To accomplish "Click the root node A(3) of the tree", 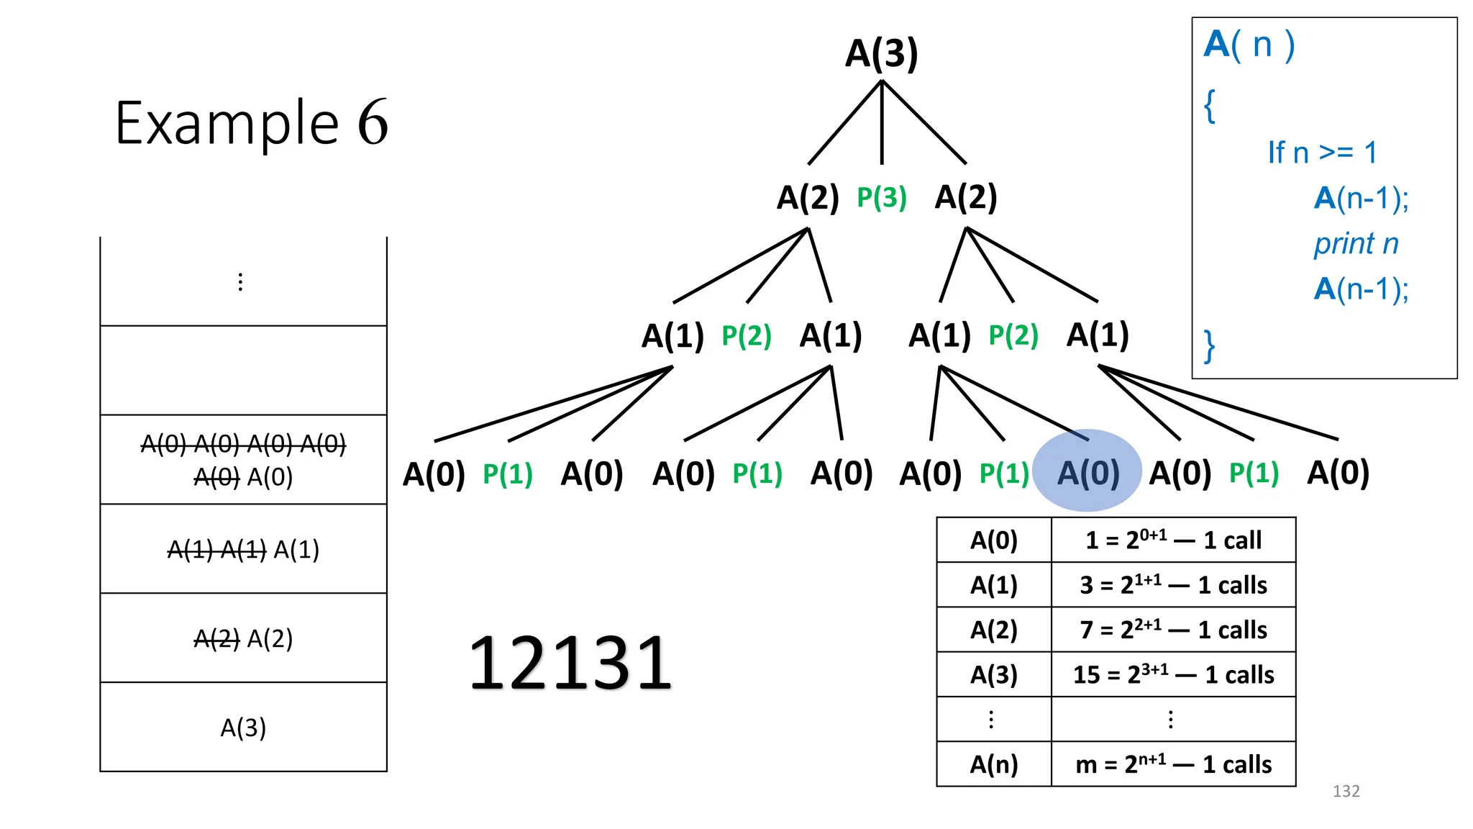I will click(881, 54).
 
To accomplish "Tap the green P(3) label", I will click(881, 198).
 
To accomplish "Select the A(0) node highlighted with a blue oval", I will click(1087, 473).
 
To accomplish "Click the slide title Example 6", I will click(252, 123).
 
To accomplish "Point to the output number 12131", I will click(570, 663).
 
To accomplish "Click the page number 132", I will click(1346, 792).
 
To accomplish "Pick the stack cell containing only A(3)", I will click(243, 728).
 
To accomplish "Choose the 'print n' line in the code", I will click(1356, 244).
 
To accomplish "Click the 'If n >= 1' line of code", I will click(1322, 153).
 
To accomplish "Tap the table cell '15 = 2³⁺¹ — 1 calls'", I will click(1173, 675).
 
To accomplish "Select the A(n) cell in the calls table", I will click(993, 764).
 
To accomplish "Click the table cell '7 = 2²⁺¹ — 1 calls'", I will click(1173, 630).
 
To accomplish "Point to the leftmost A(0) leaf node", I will click(434, 474).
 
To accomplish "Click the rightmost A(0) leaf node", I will click(1338, 473).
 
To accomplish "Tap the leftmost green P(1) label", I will click(507, 474).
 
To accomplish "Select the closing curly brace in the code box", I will click(1210, 346).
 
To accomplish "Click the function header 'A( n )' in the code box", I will click(1249, 45).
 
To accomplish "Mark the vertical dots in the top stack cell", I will click(240, 281).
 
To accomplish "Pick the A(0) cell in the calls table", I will click(993, 540).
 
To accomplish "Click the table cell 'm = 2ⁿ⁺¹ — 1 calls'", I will click(1173, 764).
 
